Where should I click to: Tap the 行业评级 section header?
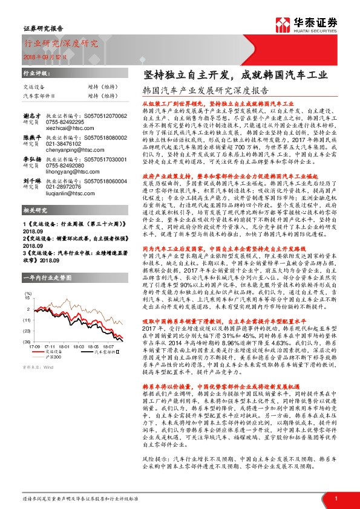coord(36,72)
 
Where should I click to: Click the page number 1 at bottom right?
coord(336,498)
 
